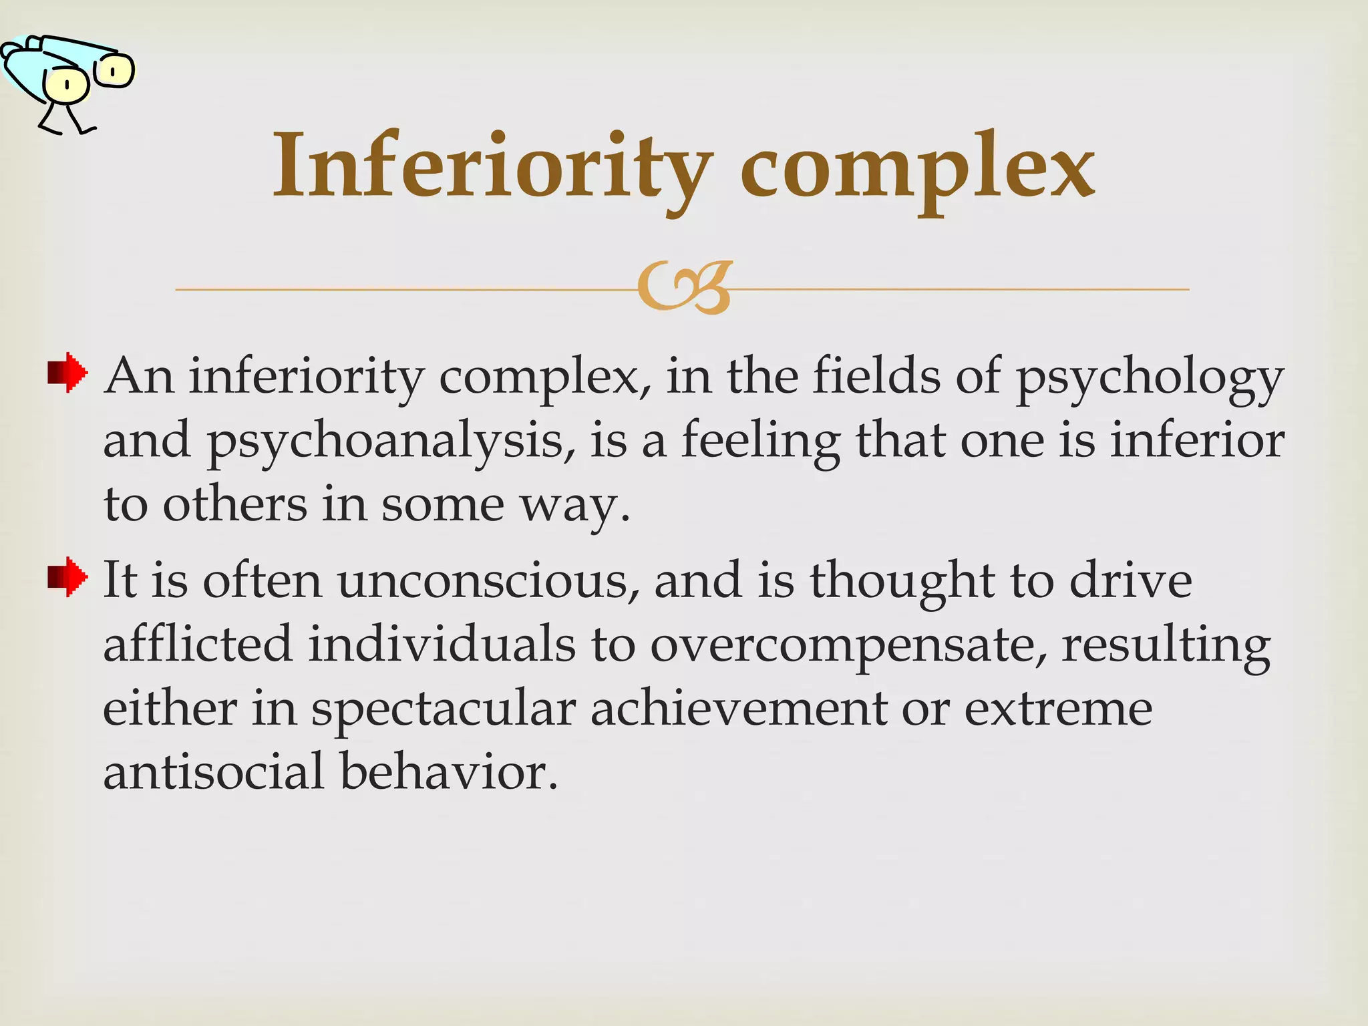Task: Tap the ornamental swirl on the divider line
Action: (x=685, y=288)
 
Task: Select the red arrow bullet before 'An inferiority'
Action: (x=67, y=373)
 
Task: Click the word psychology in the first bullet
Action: (x=1149, y=378)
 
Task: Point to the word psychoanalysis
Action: (x=390, y=442)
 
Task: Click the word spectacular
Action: (x=444, y=709)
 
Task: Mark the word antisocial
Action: (x=214, y=772)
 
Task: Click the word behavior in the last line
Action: (x=448, y=772)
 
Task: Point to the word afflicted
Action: (x=198, y=644)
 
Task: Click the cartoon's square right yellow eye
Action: (x=114, y=71)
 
